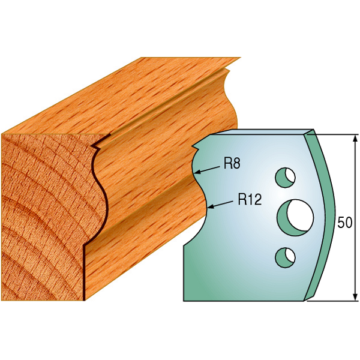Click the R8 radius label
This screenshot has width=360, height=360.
tap(232, 164)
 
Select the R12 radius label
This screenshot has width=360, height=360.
tap(250, 199)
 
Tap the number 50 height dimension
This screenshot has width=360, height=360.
tap(345, 223)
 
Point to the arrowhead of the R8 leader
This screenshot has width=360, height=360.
tap(197, 172)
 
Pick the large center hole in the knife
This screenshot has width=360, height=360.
tap(295, 217)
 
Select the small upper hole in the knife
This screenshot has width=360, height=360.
tap(285, 177)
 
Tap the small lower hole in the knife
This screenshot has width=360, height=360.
tap(285, 257)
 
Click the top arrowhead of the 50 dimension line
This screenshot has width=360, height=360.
tap(355, 139)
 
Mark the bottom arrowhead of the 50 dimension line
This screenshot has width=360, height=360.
tap(355, 296)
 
